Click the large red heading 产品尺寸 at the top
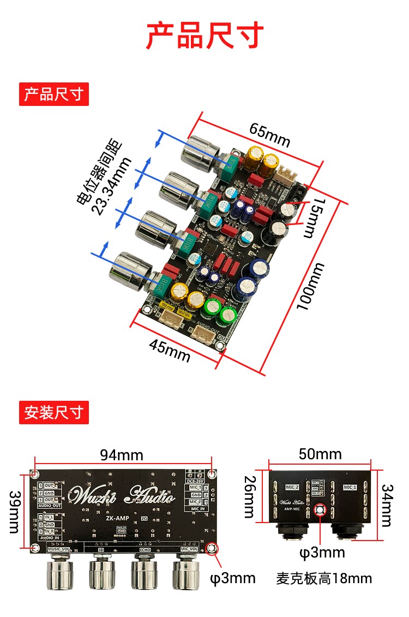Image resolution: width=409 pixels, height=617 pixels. pyautogui.click(x=204, y=35)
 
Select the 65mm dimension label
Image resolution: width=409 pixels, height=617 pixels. pyautogui.click(x=269, y=134)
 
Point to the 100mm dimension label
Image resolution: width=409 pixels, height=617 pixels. pyautogui.click(x=310, y=286)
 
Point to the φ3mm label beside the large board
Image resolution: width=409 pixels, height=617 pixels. pyautogui.click(x=233, y=578)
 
